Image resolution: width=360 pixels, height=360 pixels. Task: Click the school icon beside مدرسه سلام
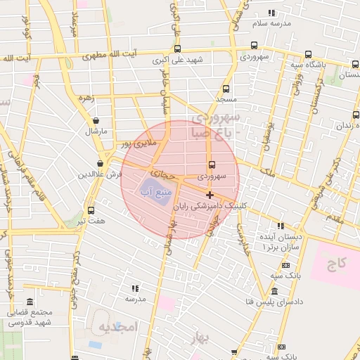[x=271, y=13]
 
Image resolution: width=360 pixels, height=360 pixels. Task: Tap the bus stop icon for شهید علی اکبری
[x=176, y=49]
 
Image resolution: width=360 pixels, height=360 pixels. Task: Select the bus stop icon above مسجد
[x=226, y=89]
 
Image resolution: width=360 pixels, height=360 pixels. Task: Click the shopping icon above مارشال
[x=95, y=121]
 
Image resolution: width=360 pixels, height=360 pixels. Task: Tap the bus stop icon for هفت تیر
[x=91, y=210]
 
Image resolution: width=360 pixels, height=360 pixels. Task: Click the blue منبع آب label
[x=154, y=191]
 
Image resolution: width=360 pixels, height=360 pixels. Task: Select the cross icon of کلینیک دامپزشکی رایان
[x=210, y=194]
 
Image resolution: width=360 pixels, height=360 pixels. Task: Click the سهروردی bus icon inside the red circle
[x=212, y=165]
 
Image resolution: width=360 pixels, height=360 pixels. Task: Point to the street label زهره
[x=87, y=98]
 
